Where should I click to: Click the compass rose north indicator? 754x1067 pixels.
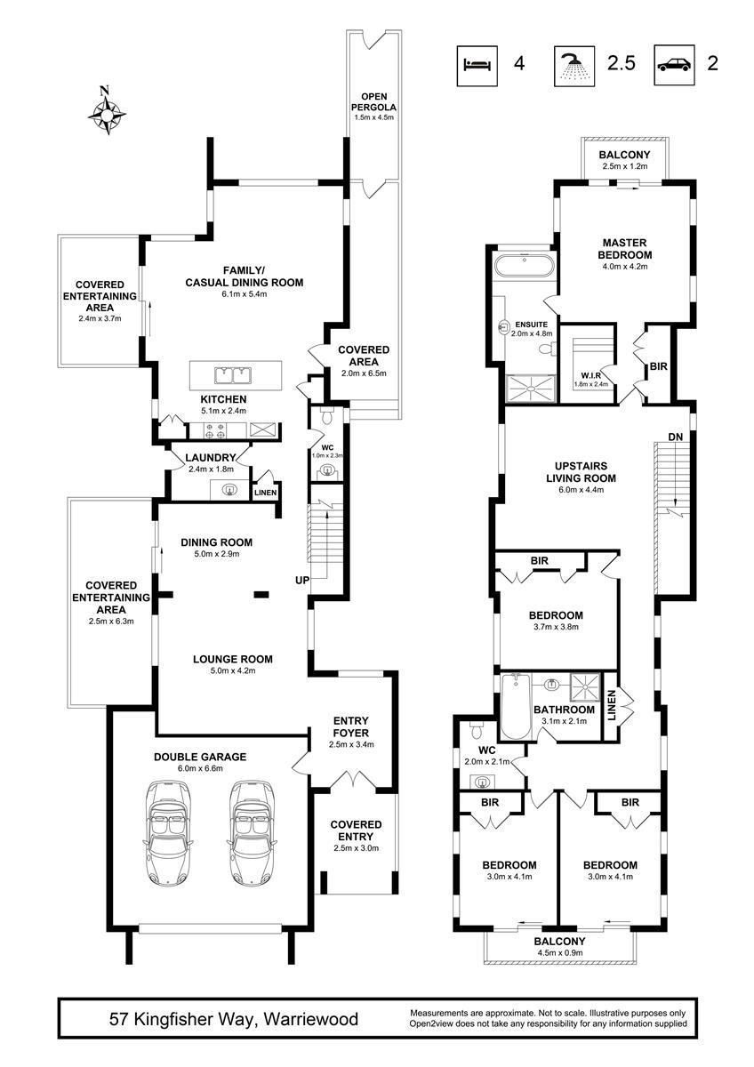(x=108, y=110)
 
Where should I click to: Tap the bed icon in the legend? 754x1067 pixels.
(x=477, y=66)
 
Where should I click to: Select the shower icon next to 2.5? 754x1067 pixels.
(x=574, y=66)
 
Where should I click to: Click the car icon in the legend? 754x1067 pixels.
(x=674, y=65)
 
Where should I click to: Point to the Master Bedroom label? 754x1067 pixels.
(x=624, y=249)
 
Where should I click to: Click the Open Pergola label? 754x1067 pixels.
(x=374, y=102)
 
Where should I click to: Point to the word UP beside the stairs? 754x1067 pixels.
(x=302, y=580)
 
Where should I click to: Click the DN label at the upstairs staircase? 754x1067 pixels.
(x=676, y=437)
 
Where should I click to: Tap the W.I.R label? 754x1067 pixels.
(x=590, y=375)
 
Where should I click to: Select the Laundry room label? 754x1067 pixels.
(x=211, y=458)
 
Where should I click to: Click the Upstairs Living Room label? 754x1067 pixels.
(x=581, y=472)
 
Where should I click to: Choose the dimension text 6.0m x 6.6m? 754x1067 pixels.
(x=200, y=768)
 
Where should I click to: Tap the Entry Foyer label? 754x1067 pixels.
(x=351, y=727)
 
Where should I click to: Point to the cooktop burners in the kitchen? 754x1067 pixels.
(x=214, y=430)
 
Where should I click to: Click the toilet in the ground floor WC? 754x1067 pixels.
(x=327, y=416)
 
